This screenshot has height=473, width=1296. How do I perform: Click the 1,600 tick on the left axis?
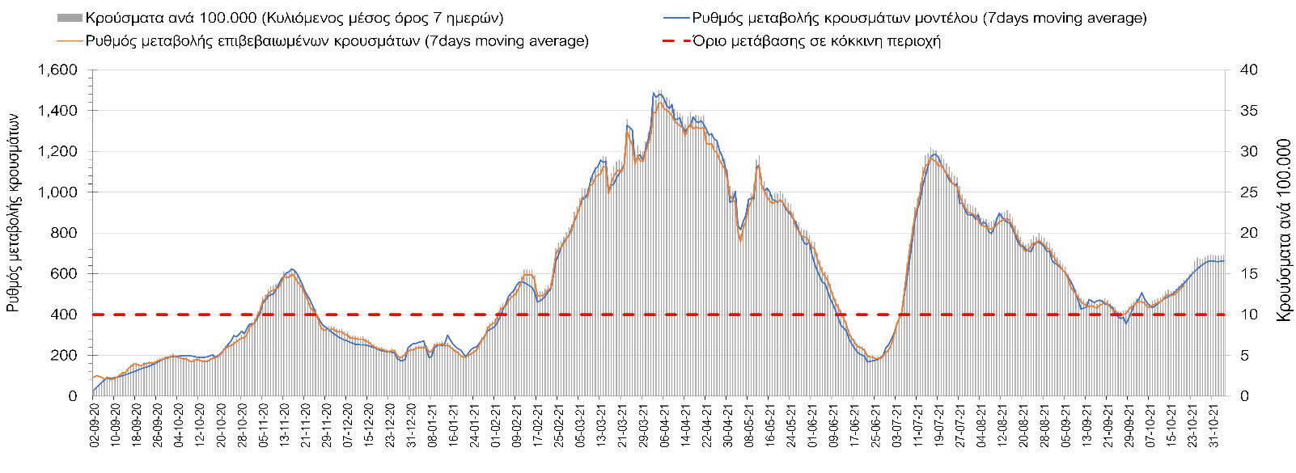(x=57, y=70)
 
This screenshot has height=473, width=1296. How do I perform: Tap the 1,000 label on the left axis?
(x=57, y=192)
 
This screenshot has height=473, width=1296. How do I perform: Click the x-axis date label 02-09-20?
(x=95, y=426)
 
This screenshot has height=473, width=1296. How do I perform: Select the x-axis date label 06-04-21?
(x=664, y=426)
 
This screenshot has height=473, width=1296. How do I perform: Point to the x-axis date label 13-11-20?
(x=284, y=426)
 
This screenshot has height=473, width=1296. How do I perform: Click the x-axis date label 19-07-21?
(x=938, y=426)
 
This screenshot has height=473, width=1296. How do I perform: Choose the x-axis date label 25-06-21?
(x=875, y=426)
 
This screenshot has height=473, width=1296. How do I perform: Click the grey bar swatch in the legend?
(x=70, y=18)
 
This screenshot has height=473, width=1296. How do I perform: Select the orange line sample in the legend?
(x=70, y=40)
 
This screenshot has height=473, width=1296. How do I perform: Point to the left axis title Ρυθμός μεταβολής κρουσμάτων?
(x=14, y=212)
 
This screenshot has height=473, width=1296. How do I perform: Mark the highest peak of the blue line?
(x=654, y=93)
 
